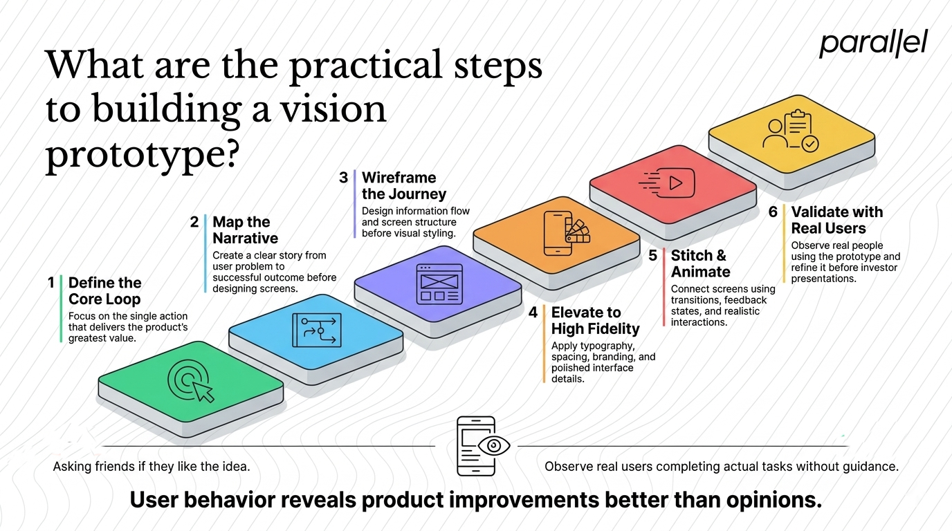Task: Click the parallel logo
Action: point(873,44)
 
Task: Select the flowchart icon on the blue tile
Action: point(317,330)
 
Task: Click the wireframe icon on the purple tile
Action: point(439,284)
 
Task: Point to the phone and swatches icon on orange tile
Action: point(567,233)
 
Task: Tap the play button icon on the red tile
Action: point(667,183)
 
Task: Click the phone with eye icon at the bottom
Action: point(483,446)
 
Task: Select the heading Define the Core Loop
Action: point(105,291)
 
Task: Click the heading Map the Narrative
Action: point(245,230)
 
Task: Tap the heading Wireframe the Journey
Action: point(404,185)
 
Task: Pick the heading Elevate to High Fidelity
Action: point(595,321)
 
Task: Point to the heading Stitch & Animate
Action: point(700,263)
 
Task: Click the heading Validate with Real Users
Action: point(837,220)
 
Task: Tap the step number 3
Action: point(343,178)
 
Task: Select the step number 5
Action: point(653,256)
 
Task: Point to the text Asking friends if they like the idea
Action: point(152,467)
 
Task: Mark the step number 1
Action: point(51,283)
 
